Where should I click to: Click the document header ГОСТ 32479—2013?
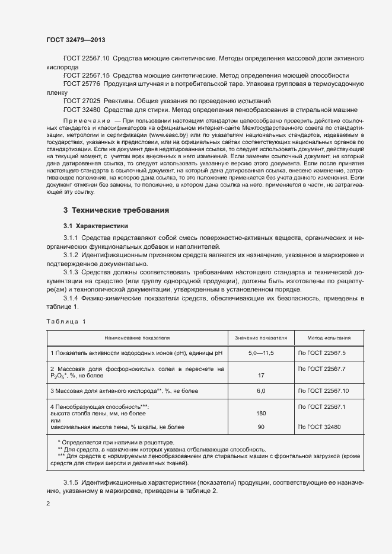(76, 40)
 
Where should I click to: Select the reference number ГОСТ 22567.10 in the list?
(86, 59)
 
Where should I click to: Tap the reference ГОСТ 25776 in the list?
(82, 84)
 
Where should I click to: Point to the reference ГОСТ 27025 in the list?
(82, 101)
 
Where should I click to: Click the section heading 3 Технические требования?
(116, 210)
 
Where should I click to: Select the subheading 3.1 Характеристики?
(95, 226)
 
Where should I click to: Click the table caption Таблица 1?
(66, 321)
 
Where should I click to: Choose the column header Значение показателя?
(261, 338)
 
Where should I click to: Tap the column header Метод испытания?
(328, 338)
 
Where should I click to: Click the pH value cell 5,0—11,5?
(261, 353)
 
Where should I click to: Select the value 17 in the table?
(261, 376)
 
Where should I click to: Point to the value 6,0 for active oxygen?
(261, 391)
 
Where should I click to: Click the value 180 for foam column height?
(261, 413)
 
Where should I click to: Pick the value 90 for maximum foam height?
(261, 427)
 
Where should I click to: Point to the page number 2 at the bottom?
(48, 503)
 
